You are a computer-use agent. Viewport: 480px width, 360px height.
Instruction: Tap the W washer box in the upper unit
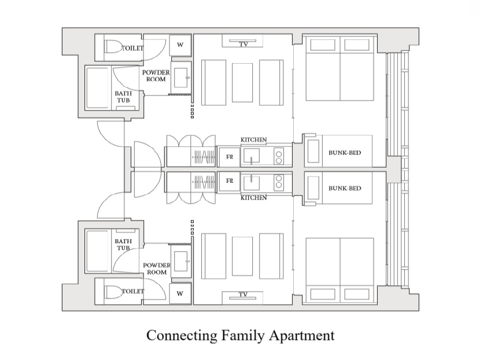(180, 45)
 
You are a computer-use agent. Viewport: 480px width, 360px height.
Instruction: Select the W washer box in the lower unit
(180, 293)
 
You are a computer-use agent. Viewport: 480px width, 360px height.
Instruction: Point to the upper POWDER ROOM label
(156, 76)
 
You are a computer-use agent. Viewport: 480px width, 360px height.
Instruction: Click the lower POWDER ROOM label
(157, 269)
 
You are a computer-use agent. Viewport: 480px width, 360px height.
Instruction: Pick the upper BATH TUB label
(123, 97)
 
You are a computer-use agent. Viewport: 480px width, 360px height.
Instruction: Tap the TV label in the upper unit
(243, 44)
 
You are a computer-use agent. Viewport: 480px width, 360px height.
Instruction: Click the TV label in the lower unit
(243, 295)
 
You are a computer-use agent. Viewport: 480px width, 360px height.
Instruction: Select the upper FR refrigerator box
(229, 157)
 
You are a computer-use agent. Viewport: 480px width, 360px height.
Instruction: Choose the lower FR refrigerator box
(229, 181)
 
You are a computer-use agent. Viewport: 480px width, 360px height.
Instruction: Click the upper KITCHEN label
(253, 139)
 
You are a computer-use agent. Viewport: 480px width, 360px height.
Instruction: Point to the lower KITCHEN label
(253, 197)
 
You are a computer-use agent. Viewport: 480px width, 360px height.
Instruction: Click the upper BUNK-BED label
(345, 153)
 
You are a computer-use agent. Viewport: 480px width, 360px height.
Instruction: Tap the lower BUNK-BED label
(345, 188)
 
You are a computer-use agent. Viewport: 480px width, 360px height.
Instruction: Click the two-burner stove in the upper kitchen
(279, 157)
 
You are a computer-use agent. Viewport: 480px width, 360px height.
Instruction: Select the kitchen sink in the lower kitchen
(252, 182)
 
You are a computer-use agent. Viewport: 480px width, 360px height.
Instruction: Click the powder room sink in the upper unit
(181, 78)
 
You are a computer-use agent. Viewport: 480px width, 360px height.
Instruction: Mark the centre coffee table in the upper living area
(242, 82)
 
